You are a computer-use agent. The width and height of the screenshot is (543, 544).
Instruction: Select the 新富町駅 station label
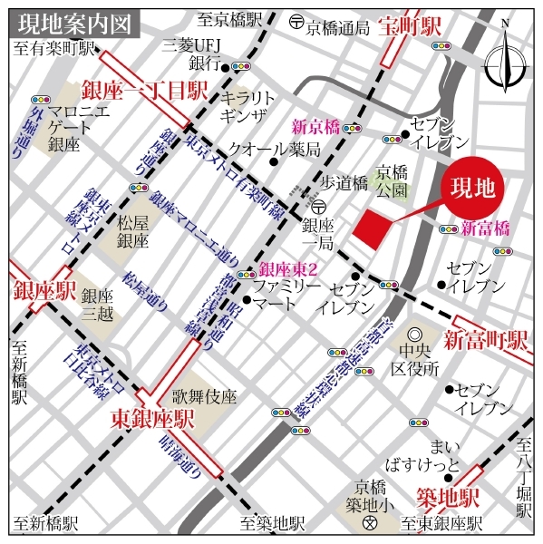[486, 340]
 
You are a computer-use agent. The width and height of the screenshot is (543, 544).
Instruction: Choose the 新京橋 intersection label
[315, 127]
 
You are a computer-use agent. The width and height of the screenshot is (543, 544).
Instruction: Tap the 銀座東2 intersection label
[287, 269]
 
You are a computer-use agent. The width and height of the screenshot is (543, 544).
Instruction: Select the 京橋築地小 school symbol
[370, 525]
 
